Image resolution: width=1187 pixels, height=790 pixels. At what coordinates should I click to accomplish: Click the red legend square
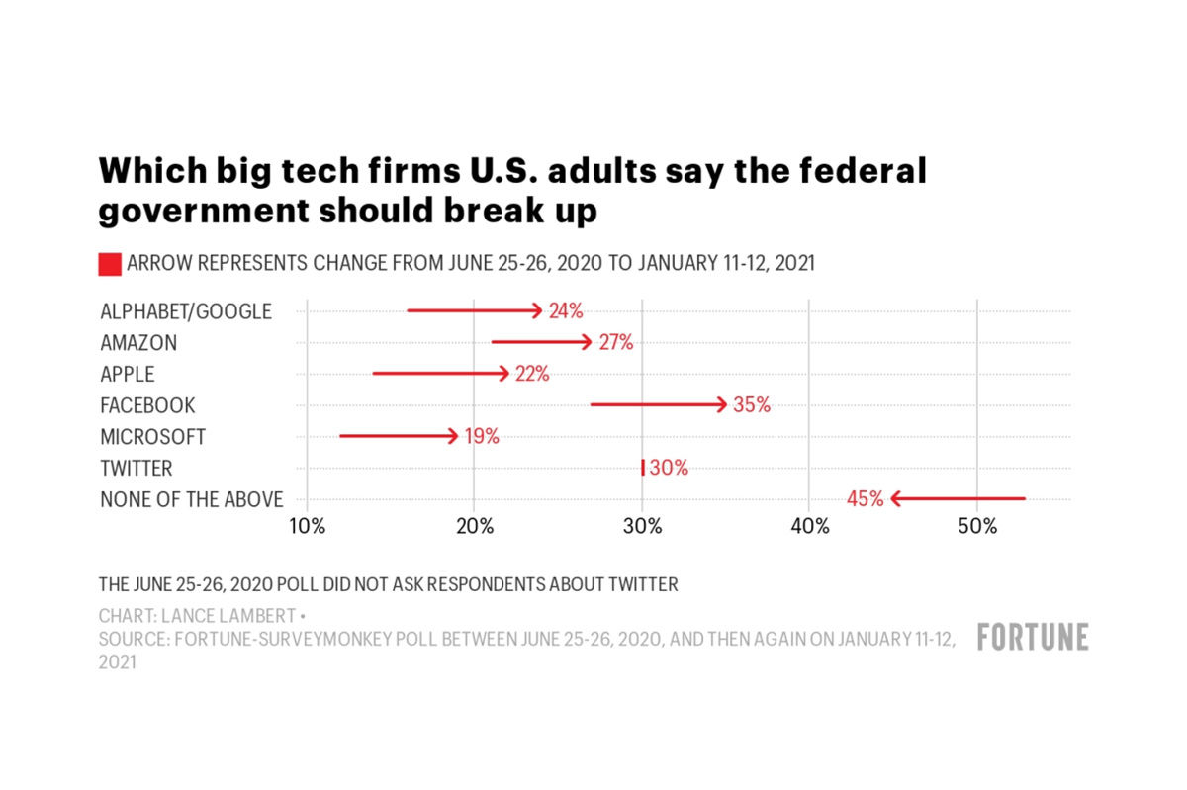coord(110,264)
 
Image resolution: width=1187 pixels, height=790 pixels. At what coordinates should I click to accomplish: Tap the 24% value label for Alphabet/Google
coord(566,310)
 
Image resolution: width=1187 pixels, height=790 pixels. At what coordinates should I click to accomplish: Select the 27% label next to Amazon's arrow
coord(615,342)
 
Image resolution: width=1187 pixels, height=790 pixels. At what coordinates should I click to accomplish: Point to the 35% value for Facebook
coord(751,405)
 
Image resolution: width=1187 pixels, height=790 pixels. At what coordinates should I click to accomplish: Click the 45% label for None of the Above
coord(865,499)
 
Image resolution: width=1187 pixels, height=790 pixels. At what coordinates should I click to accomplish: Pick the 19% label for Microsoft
coord(482,436)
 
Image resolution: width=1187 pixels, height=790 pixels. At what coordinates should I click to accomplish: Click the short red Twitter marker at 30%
coord(643,468)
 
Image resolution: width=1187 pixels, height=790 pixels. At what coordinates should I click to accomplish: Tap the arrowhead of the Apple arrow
coord(504,374)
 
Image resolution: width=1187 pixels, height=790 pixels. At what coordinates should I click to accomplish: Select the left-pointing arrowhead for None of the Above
coord(896,499)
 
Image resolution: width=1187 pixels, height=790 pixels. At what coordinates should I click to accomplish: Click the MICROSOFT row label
coord(153,436)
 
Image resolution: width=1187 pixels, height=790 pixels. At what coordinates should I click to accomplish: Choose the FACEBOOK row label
coord(147,405)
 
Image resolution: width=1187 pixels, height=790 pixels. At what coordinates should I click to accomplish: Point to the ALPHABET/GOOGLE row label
coord(185,311)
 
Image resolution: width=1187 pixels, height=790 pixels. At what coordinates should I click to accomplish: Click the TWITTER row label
coord(137,468)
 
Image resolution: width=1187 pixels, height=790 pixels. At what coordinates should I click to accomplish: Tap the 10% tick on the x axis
coord(307,526)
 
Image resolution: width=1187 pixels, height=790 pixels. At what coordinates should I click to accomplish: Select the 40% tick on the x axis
coord(810,526)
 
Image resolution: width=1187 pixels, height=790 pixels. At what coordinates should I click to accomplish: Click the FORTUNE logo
coord(1033,638)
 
